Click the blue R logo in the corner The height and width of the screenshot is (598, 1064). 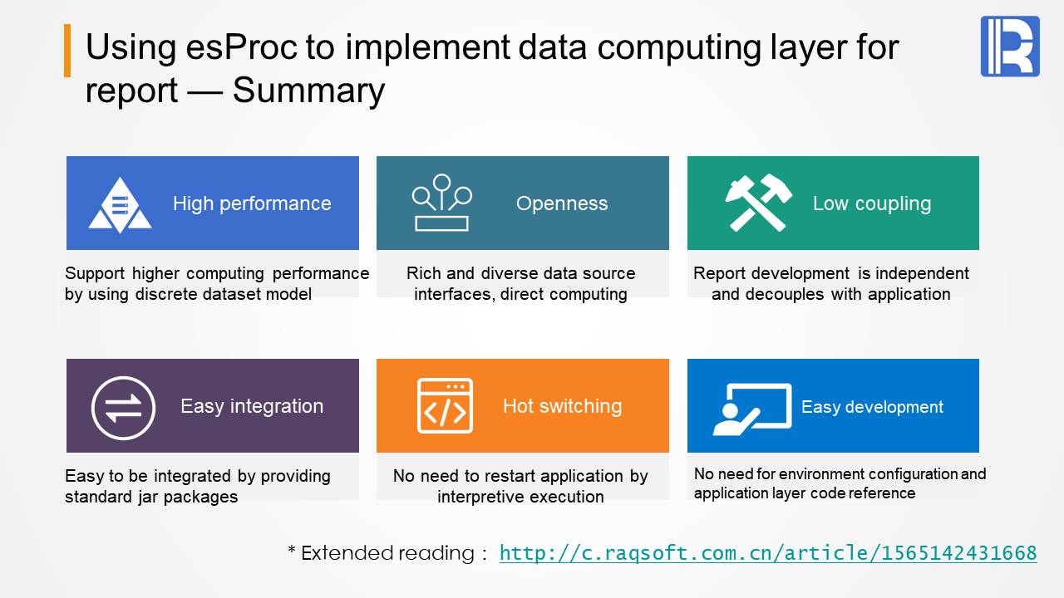[1010, 46]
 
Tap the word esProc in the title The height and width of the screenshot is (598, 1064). [242, 47]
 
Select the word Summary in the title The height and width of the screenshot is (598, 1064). [308, 91]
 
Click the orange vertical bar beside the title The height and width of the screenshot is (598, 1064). [67, 51]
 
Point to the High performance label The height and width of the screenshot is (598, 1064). [252, 203]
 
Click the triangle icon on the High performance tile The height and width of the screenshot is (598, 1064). [120, 205]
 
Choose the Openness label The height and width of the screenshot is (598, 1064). [562, 203]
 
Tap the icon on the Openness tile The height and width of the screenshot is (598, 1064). [441, 203]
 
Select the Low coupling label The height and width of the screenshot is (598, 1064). [872, 203]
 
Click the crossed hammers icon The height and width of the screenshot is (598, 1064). [759, 203]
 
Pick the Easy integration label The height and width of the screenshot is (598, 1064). [252, 406]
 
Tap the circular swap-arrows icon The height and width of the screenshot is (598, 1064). [123, 408]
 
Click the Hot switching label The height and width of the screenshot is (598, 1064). [563, 406]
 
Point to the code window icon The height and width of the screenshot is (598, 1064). [445, 406]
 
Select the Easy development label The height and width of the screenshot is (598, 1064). [872, 407]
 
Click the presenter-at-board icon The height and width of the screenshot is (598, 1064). [752, 409]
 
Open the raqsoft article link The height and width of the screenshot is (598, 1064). [768, 553]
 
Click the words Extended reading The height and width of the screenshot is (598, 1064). [387, 553]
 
